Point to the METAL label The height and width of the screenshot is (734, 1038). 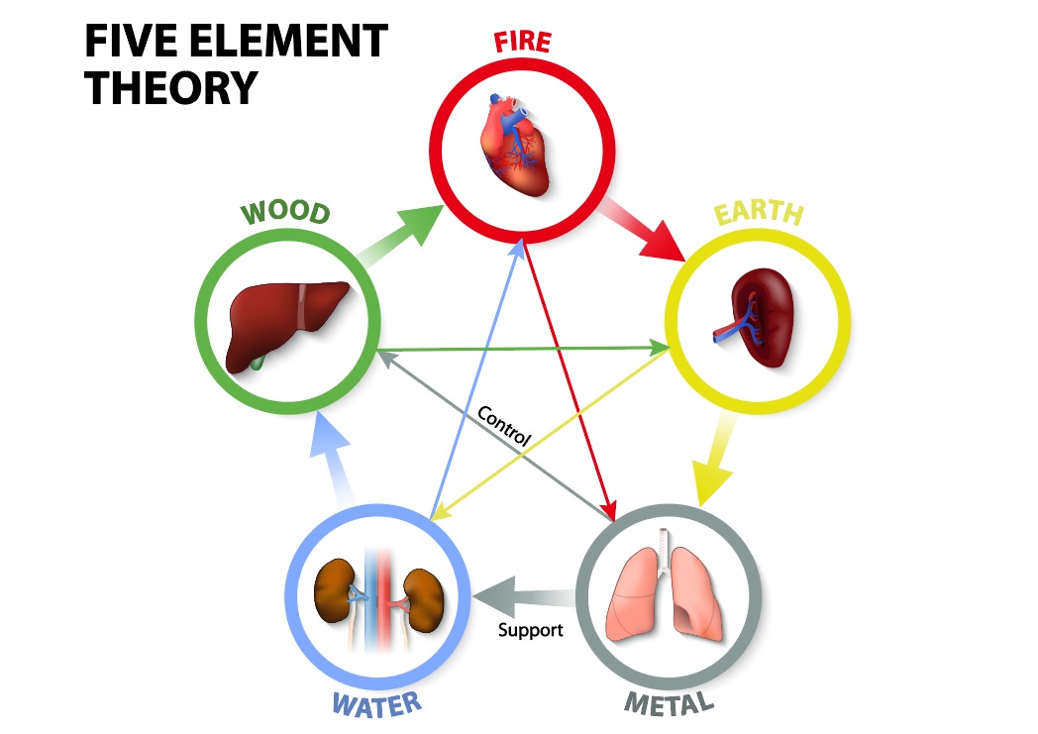point(669,704)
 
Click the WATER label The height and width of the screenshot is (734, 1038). point(376,705)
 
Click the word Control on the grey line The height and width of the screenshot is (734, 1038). point(504,425)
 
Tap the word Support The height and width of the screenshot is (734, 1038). point(530,629)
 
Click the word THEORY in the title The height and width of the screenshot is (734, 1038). point(169,87)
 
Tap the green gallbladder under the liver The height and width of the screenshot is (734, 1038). point(258,362)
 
